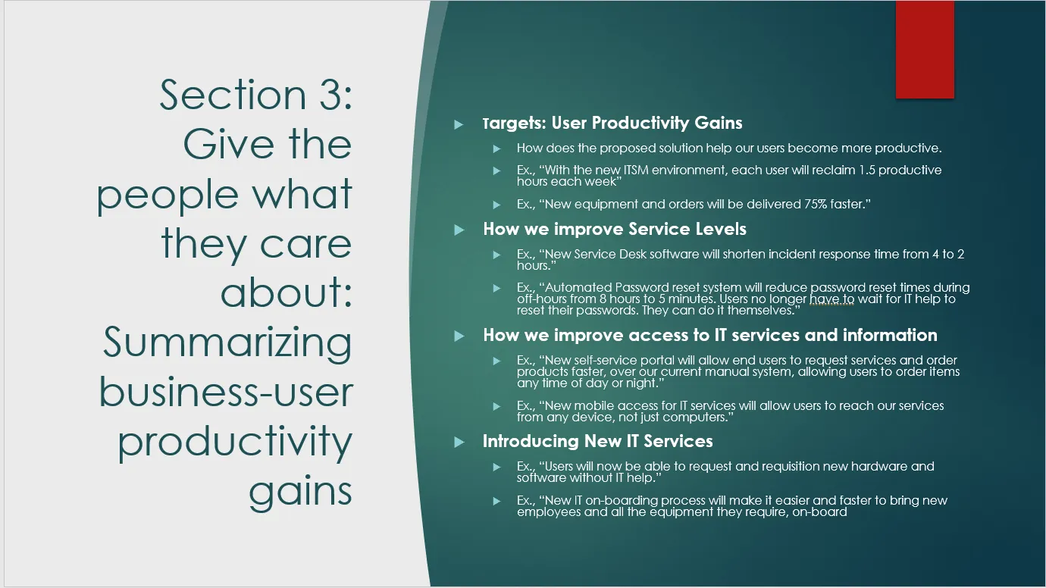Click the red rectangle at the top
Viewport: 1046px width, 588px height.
click(925, 49)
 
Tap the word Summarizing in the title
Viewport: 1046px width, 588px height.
click(227, 342)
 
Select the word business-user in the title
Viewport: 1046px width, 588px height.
click(226, 392)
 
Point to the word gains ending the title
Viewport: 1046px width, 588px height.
click(300, 493)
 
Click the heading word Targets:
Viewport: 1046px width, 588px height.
click(514, 124)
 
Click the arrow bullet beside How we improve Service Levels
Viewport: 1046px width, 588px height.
click(459, 230)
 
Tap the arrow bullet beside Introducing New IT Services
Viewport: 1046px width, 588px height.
click(459, 442)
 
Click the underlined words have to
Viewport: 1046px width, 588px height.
click(831, 299)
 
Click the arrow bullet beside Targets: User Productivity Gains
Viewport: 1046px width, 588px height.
click(459, 124)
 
